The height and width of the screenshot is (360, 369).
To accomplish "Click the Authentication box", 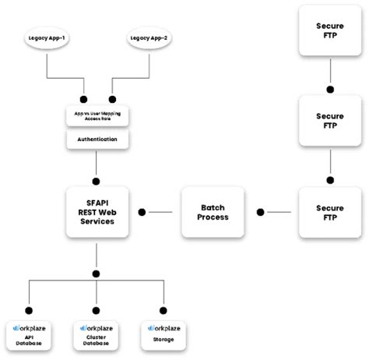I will pyautogui.click(x=97, y=139).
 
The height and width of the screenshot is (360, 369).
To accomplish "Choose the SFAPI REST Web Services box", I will pyautogui.click(x=97, y=211).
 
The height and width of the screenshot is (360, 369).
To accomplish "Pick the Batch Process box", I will pyautogui.click(x=213, y=211).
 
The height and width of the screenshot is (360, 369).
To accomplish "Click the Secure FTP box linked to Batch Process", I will pyautogui.click(x=330, y=211).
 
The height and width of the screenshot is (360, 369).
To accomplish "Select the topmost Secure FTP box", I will pyautogui.click(x=330, y=30).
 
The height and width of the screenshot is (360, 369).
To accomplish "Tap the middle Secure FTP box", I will pyautogui.click(x=330, y=121).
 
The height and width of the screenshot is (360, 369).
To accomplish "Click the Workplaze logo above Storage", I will pyautogui.click(x=163, y=328).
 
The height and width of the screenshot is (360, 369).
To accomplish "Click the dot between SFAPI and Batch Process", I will pyautogui.click(x=142, y=212).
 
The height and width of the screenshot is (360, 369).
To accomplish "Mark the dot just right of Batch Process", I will pyautogui.click(x=261, y=212).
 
